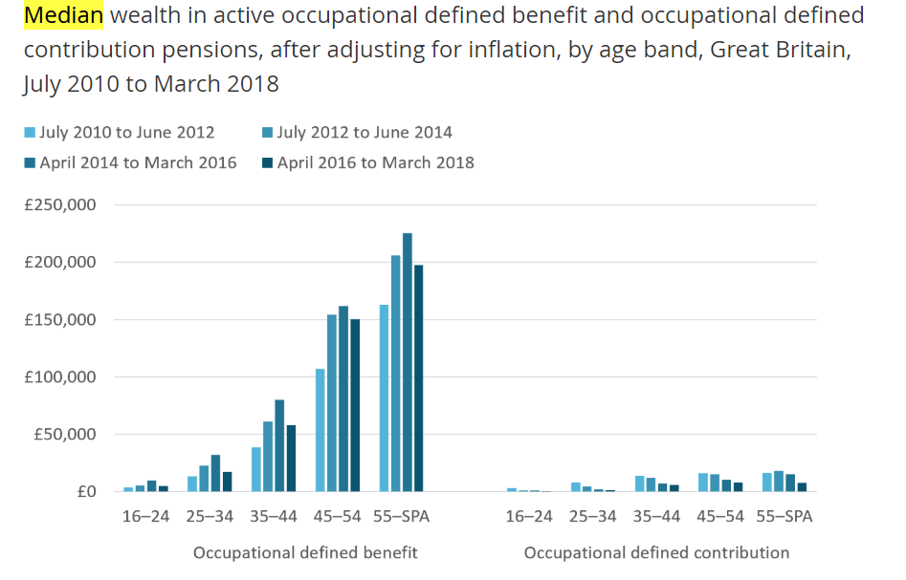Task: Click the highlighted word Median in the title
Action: pos(63,15)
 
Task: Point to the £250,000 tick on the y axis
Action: pos(59,205)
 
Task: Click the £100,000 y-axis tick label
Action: pos(59,377)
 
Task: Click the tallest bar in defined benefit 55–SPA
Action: pos(407,363)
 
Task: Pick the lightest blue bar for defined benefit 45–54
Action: pos(320,430)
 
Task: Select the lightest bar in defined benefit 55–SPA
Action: pos(385,398)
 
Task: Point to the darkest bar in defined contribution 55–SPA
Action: pos(803,487)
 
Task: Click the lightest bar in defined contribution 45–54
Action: pos(703,483)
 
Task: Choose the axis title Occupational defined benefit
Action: pos(305,553)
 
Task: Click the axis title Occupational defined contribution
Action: pos(656,553)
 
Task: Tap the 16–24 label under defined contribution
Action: pos(529,517)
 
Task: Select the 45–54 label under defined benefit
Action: pos(338,517)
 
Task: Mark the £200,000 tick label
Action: pos(59,263)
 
